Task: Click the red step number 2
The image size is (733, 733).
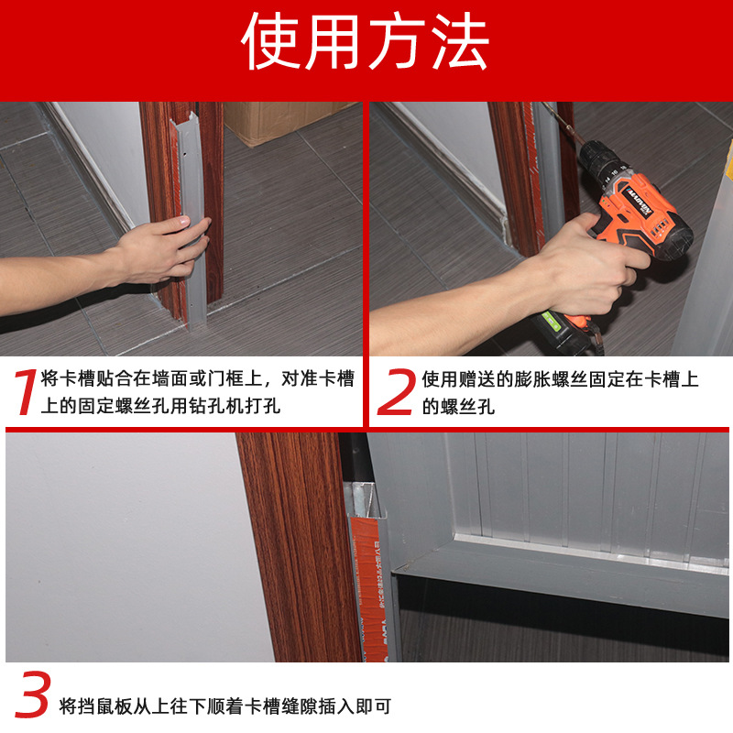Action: click(396, 391)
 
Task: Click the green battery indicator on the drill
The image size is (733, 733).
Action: click(552, 321)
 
